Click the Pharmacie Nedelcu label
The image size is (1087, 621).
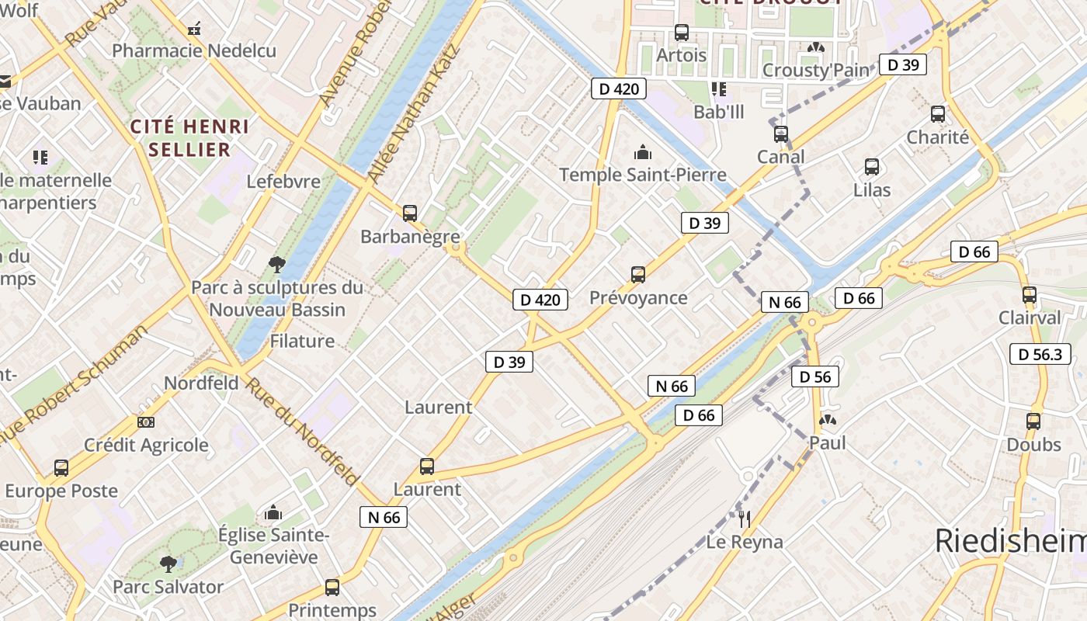(x=194, y=51)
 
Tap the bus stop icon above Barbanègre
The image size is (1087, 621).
(x=410, y=213)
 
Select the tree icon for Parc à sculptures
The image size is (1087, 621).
(x=276, y=265)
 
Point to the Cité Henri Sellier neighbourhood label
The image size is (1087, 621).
(x=189, y=137)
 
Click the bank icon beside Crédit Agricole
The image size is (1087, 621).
(x=145, y=422)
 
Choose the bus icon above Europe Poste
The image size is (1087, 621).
(x=61, y=468)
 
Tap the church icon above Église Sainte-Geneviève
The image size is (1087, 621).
(x=273, y=512)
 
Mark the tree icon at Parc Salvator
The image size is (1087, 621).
(x=168, y=564)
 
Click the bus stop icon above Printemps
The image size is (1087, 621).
(x=332, y=588)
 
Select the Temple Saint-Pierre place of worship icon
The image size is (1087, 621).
(x=643, y=151)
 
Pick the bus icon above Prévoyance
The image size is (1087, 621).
(x=638, y=274)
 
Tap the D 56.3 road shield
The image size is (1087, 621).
(x=1040, y=354)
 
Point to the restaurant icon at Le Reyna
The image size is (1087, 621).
(x=744, y=519)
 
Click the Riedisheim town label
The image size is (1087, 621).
(x=1009, y=541)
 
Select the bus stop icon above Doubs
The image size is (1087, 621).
(x=1033, y=422)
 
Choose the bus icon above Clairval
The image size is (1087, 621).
(x=1030, y=295)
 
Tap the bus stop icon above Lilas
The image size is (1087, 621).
(x=872, y=167)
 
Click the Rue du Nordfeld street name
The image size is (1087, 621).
(x=303, y=430)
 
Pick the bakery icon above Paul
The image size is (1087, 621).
(x=828, y=421)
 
